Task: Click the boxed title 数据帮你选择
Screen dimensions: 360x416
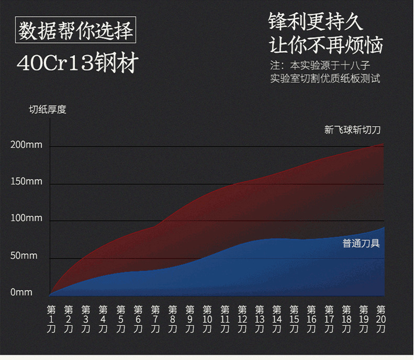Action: (75, 30)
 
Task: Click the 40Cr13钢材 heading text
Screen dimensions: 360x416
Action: (77, 64)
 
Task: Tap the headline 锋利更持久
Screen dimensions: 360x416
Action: (315, 22)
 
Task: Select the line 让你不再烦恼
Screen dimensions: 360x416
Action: (325, 45)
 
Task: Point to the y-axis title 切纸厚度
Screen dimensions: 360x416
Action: (48, 110)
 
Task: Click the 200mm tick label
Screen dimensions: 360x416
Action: (26, 145)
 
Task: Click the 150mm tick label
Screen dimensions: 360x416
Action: (26, 182)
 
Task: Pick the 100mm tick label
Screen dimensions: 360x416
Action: (26, 219)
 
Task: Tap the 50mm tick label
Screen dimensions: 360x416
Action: (24, 256)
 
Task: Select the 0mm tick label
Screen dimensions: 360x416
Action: (21, 292)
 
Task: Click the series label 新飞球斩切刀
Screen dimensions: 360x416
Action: (353, 130)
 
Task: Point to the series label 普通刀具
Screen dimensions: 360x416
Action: (361, 243)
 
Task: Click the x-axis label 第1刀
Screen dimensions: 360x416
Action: (51, 319)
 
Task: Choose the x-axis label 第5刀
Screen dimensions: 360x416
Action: (121, 319)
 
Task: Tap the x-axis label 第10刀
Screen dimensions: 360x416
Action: (207, 319)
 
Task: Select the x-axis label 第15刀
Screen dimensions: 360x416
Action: (294, 319)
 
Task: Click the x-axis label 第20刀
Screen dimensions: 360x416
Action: (381, 319)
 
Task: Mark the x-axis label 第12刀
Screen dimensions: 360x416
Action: (242, 319)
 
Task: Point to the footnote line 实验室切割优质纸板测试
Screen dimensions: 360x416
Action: (325, 79)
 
